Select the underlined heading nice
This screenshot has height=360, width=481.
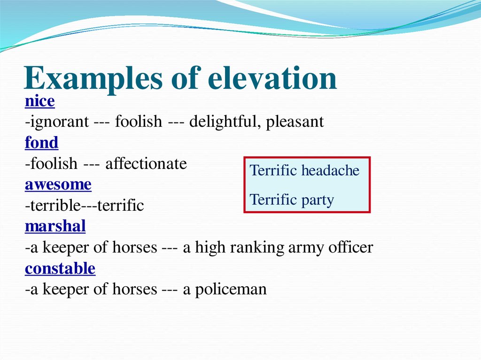click(x=40, y=101)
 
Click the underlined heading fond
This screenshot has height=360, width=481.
click(x=42, y=143)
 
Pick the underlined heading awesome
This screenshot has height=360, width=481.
click(x=58, y=184)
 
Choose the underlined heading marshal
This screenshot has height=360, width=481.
click(x=55, y=227)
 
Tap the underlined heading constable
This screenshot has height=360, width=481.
click(x=60, y=268)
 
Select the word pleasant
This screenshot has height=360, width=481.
click(x=295, y=122)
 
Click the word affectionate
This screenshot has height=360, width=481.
click(x=146, y=164)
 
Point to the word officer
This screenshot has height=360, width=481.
click(x=351, y=247)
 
